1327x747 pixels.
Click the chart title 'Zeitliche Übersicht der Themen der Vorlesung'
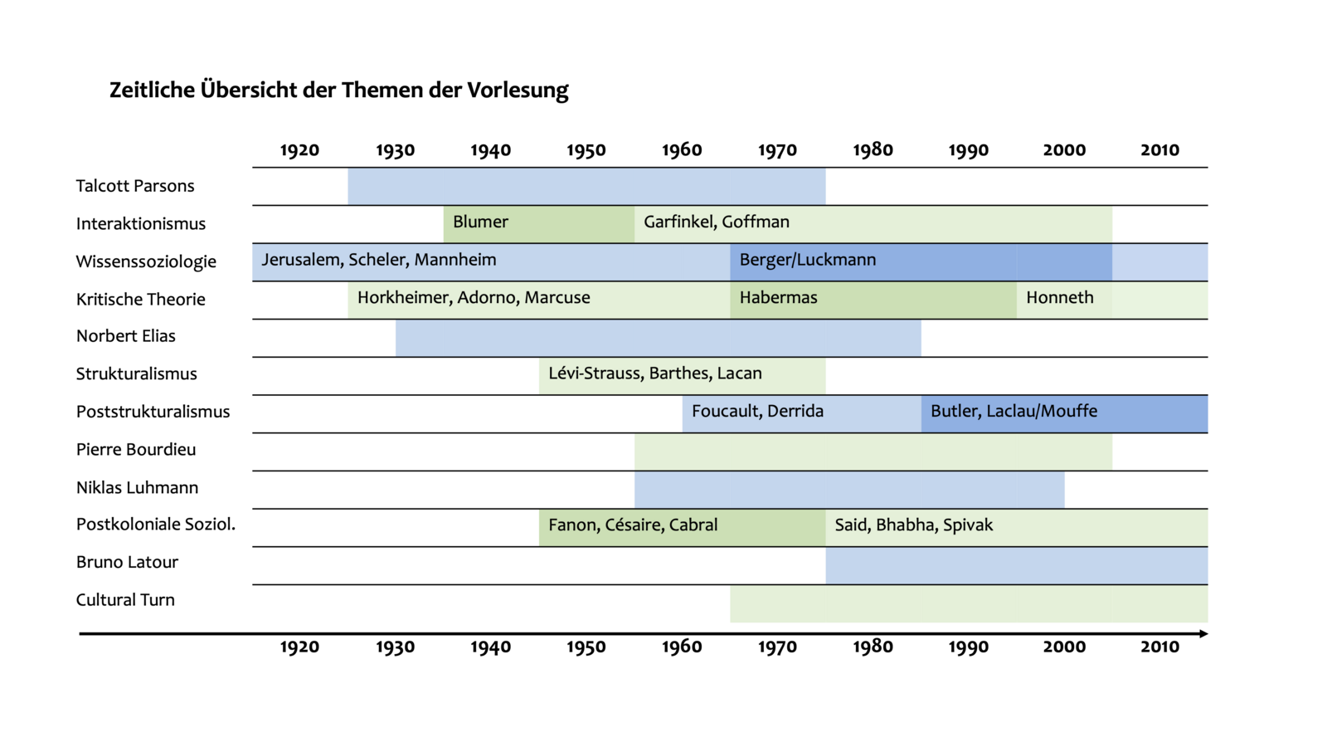pyautogui.click(x=338, y=90)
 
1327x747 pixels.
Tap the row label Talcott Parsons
pyautogui.click(x=135, y=186)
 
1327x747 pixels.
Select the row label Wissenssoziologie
pyautogui.click(x=146, y=261)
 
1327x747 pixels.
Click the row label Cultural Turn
pyautogui.click(x=125, y=600)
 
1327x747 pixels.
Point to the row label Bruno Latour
pyautogui.click(x=127, y=562)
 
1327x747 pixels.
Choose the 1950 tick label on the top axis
pyautogui.click(x=586, y=150)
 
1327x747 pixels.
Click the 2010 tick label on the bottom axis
pyautogui.click(x=1159, y=647)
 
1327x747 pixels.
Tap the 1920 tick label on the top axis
pyautogui.click(x=299, y=150)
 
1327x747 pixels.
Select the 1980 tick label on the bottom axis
pyautogui.click(x=873, y=647)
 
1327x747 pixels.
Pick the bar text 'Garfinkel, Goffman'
pyautogui.click(x=716, y=222)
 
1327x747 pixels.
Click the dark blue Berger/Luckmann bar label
pyautogui.click(x=807, y=260)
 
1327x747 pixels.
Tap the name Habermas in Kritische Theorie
pyautogui.click(x=778, y=298)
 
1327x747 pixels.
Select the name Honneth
pyautogui.click(x=1059, y=298)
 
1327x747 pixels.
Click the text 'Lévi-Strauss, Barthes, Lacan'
pyautogui.click(x=654, y=373)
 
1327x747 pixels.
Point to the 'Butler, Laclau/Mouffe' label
pyautogui.click(x=1013, y=412)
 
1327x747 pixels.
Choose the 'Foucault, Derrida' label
pyautogui.click(x=757, y=412)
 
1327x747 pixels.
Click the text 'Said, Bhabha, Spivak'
pyautogui.click(x=913, y=525)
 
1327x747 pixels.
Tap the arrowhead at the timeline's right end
pyautogui.click(x=1203, y=634)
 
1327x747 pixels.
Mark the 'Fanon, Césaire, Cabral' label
pyautogui.click(x=633, y=525)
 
